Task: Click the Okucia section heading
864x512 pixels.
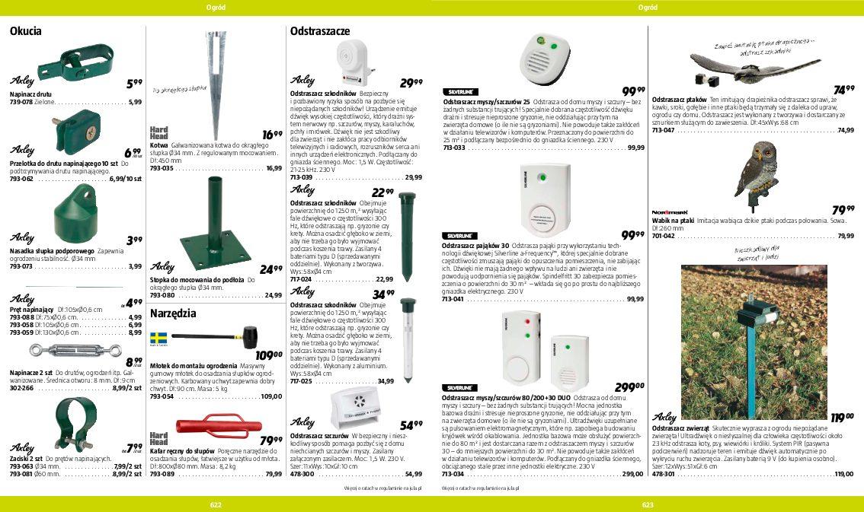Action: [25, 32]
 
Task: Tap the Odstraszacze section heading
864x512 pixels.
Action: [319, 32]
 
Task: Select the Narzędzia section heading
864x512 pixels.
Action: [173, 313]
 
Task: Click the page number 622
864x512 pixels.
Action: [216, 504]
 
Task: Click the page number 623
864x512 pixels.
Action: [648, 504]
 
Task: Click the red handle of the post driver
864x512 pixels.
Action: [219, 426]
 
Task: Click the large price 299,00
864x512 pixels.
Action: [629, 387]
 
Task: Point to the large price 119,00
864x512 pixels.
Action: [842, 417]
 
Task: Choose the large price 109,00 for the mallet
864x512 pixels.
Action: [269, 355]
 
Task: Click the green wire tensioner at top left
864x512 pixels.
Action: [75, 63]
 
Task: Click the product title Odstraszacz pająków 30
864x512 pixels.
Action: [476, 246]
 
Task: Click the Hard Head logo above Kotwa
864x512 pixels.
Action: [158, 133]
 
